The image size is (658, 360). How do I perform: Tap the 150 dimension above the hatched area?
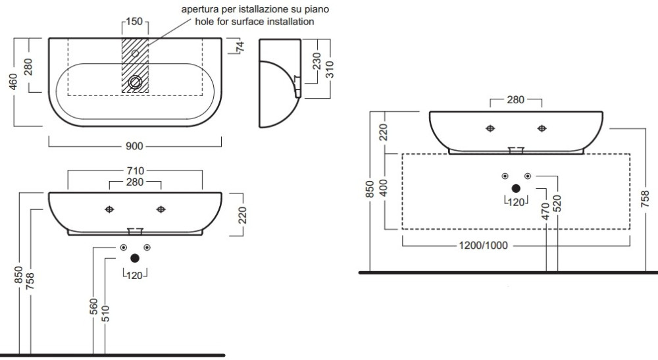click(x=134, y=22)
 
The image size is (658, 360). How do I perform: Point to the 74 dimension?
click(x=241, y=47)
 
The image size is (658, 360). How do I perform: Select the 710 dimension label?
click(x=136, y=171)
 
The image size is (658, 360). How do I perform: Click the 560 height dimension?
click(x=94, y=307)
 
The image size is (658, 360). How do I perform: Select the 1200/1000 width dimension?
click(x=484, y=245)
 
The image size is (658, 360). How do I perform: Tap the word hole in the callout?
click(x=205, y=22)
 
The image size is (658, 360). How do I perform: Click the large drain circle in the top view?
click(x=136, y=83)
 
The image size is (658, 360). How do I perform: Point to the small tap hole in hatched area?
click(x=136, y=53)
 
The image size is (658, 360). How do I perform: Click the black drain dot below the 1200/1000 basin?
click(x=515, y=188)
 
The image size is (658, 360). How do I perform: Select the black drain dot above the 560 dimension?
click(x=135, y=259)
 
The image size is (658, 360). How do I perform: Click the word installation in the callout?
click(x=288, y=22)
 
